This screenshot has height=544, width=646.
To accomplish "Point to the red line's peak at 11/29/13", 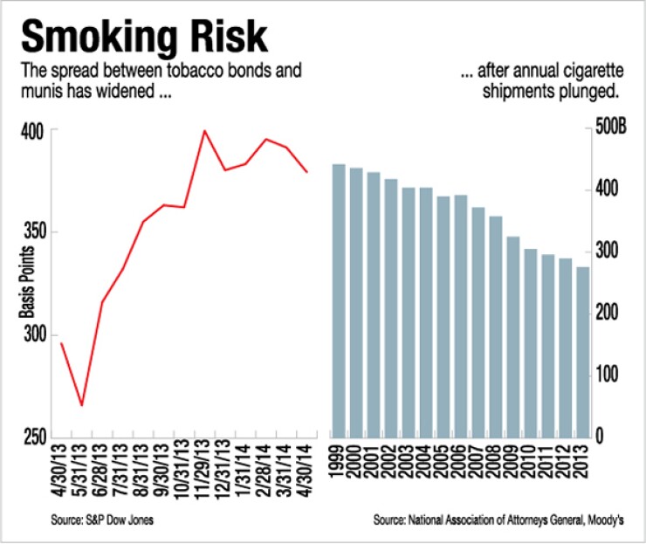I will pos(204,131).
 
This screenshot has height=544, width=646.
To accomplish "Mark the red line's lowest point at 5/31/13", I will pos(82,405).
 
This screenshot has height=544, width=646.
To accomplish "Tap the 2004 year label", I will pos(426,463).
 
